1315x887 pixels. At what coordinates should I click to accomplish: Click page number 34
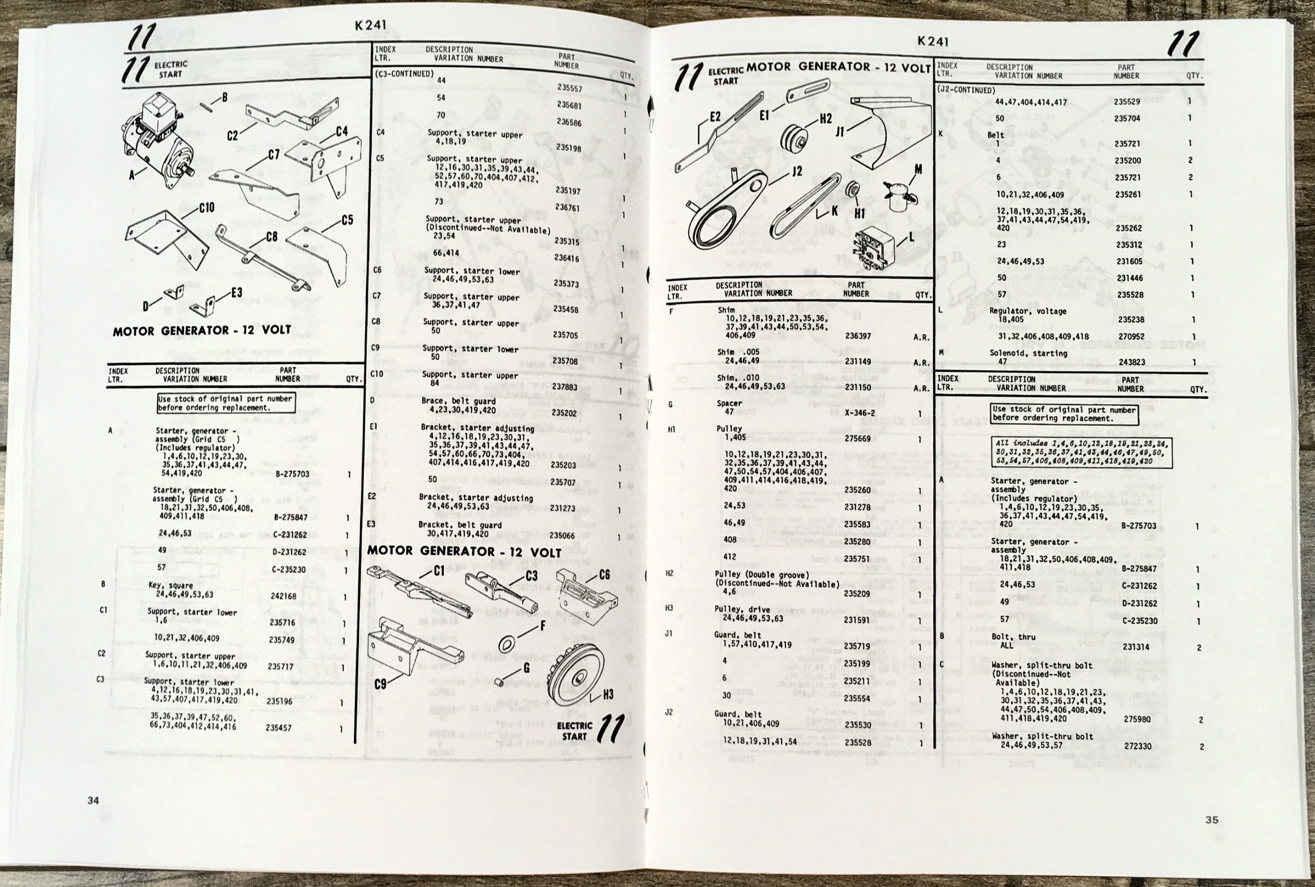pyautogui.click(x=93, y=800)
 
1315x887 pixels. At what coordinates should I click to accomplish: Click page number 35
pyautogui.click(x=1212, y=820)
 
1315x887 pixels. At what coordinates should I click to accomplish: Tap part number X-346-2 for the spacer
pyautogui.click(x=859, y=413)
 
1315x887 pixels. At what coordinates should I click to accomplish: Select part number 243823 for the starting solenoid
pyautogui.click(x=1130, y=362)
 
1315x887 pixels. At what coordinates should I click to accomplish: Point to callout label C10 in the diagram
pyautogui.click(x=206, y=208)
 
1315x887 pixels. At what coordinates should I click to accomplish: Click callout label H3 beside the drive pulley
pyautogui.click(x=608, y=695)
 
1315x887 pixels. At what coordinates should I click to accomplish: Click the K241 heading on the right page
pyautogui.click(x=933, y=41)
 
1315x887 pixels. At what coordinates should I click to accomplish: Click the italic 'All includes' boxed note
pyautogui.click(x=1081, y=452)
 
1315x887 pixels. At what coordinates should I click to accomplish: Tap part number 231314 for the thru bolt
pyautogui.click(x=1136, y=647)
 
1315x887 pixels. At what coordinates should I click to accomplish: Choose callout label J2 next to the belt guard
pyautogui.click(x=796, y=172)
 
